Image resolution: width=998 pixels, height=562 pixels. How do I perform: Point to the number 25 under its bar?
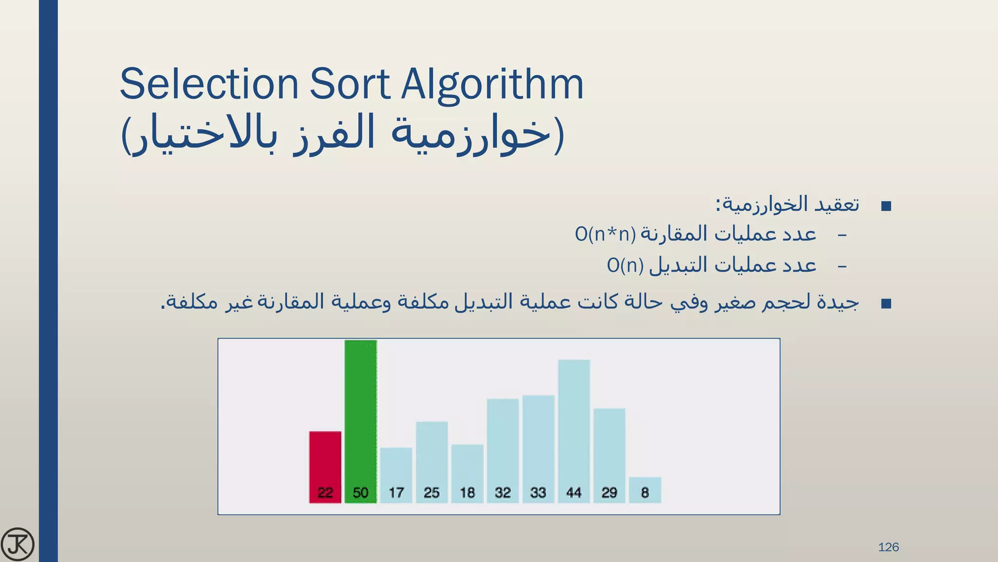pos(432,493)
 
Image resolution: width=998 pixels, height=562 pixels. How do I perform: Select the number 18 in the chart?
pos(467,493)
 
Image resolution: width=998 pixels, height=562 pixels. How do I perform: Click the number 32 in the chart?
pos(503,493)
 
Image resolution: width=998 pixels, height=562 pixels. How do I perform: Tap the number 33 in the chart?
pos(538,493)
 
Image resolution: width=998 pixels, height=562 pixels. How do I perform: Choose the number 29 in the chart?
pos(610,493)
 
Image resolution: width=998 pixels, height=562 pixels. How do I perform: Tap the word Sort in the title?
pos(350,84)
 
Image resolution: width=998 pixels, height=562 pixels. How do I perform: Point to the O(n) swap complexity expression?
pos(625,265)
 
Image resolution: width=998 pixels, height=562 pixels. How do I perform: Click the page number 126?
pos(888,547)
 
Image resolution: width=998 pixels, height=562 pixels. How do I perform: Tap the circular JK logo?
pos(18,544)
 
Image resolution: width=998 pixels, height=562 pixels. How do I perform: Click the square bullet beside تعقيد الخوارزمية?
pos(886,206)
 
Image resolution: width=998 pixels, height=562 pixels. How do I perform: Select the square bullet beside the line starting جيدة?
pos(886,304)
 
